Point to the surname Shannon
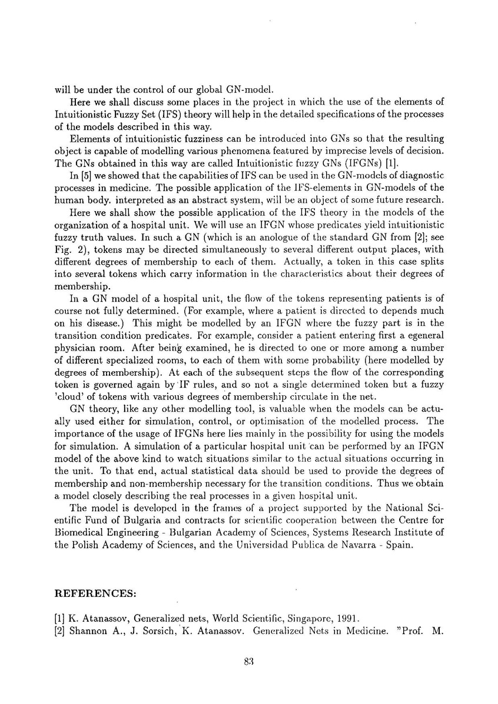point(89,631)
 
